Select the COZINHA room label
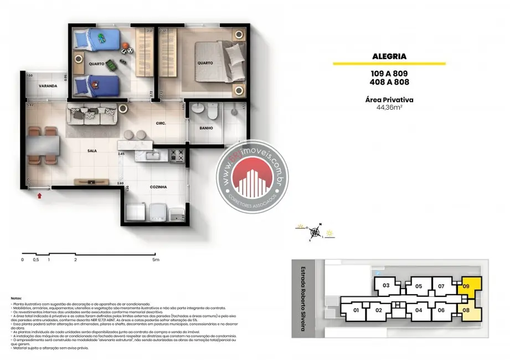[x=158, y=187]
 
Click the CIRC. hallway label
[x=161, y=123]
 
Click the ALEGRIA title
[x=389, y=56]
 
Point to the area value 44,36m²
[x=389, y=108]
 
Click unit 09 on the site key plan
[x=466, y=286]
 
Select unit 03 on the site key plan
[x=387, y=285]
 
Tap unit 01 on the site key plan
[x=356, y=310]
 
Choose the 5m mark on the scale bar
[x=156, y=259]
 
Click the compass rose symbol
[x=316, y=232]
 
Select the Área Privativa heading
[x=389, y=100]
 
